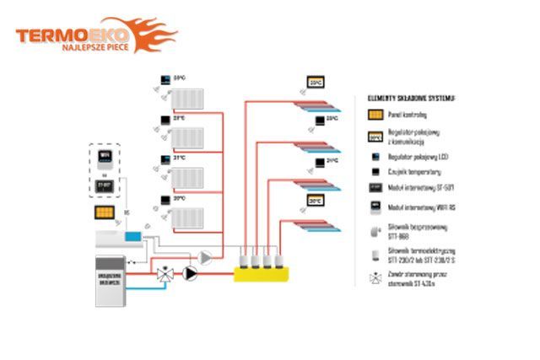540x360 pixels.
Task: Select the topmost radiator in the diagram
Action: click(189, 99)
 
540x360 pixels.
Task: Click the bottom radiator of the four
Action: click(189, 218)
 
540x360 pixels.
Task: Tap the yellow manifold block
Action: click(262, 271)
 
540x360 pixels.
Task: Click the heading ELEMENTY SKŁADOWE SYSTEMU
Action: click(412, 98)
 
